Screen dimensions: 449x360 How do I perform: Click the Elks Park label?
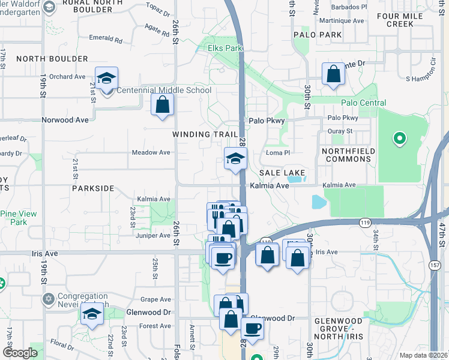click(224, 47)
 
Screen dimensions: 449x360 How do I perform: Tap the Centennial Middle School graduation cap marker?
click(107, 79)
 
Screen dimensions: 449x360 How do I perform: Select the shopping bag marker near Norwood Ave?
click(163, 106)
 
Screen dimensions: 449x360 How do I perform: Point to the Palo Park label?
click(318, 35)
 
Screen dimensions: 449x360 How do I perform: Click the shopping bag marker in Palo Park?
click(333, 76)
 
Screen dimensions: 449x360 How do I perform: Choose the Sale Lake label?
click(283, 173)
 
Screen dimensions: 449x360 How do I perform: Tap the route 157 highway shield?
click(435, 265)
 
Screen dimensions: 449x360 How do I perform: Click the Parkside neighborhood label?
click(92, 188)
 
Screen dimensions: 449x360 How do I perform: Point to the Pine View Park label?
click(19, 218)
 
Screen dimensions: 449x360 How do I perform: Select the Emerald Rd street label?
click(105, 40)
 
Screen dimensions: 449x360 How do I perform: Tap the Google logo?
click(20, 353)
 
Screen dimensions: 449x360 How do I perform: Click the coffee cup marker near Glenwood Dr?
click(252, 328)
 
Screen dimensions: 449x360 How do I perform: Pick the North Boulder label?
click(52, 59)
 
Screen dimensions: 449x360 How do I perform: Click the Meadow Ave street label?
click(151, 152)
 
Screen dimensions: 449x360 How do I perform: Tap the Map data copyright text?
click(423, 355)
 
